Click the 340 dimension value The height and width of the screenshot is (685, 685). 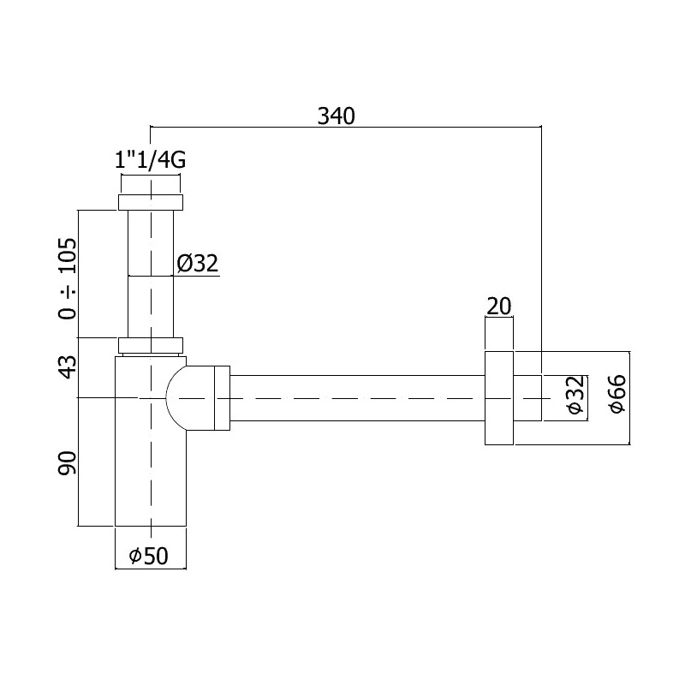click(x=336, y=115)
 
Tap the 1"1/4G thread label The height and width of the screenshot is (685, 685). click(x=151, y=160)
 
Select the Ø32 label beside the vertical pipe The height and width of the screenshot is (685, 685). click(x=199, y=264)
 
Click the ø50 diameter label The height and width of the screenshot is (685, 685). click(x=150, y=557)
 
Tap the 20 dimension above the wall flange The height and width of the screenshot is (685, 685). click(x=498, y=306)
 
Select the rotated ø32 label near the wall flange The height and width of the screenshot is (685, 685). click(x=576, y=397)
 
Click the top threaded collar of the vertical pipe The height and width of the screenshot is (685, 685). click(x=151, y=202)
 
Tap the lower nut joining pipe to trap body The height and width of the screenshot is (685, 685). click(x=151, y=345)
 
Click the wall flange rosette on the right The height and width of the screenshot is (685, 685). click(x=498, y=398)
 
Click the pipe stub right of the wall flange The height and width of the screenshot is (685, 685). click(x=527, y=398)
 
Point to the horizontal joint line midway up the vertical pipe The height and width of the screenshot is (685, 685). click(x=151, y=276)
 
